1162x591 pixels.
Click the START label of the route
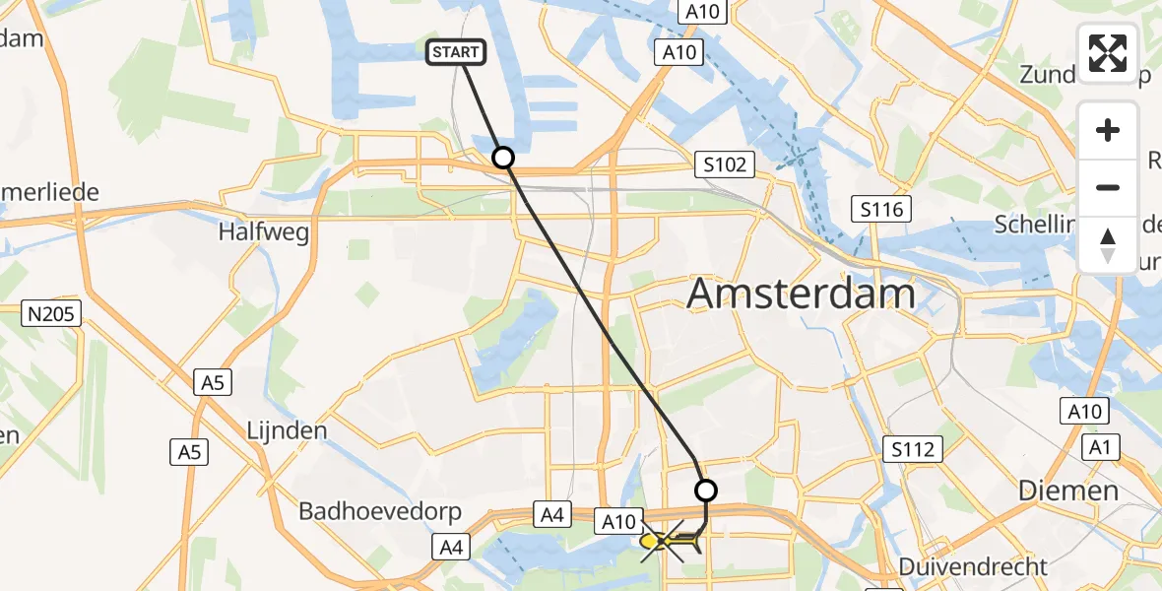[456, 52]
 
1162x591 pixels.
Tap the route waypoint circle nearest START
[503, 158]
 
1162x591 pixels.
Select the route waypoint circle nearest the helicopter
[706, 490]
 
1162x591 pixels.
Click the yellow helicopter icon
[670, 541]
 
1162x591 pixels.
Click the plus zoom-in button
[1108, 130]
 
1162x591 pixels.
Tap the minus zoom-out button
[1108, 187]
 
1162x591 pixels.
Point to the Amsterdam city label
[801, 294]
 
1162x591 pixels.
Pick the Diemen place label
[1068, 491]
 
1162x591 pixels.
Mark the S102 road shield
[725, 164]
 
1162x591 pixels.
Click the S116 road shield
[882, 209]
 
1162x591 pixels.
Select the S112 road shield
[915, 449]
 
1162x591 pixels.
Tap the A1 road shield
[1098, 448]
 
